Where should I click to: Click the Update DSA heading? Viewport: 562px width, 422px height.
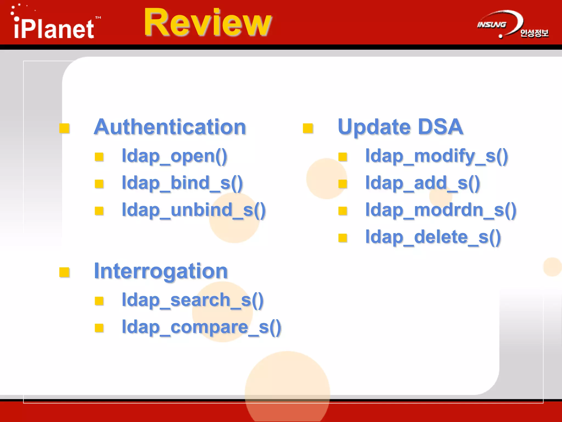pos(400,127)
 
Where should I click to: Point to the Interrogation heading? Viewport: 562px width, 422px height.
pos(161,271)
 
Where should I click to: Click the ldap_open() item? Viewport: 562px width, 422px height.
pos(175,156)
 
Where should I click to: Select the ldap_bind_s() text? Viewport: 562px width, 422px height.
pos(182,183)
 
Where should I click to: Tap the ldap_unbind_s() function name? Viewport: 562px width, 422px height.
pos(194,210)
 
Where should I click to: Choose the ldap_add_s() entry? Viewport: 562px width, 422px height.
pos(423,183)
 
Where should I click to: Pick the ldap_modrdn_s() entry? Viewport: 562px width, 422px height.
pos(441,210)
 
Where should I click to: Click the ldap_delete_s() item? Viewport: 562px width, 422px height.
pos(433,237)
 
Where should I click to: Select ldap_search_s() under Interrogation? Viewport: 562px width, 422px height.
pos(193,300)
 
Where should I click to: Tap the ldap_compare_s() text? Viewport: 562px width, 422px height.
pos(201,327)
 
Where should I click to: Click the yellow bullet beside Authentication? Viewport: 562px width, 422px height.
pos(64,128)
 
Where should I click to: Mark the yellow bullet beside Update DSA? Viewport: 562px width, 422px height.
pos(308,128)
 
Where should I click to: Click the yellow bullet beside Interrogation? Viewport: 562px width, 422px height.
pos(64,272)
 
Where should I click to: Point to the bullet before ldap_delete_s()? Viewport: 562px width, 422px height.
pos(343,238)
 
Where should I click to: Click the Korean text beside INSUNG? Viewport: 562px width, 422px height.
pos(534,33)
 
